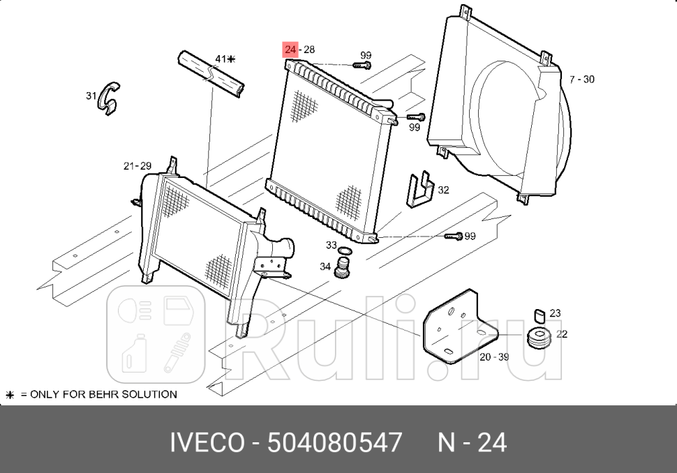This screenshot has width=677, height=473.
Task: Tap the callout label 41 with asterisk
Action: coord(225,59)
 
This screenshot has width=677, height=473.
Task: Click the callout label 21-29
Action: coord(137,166)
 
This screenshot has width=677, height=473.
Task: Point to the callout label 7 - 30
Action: coord(581,80)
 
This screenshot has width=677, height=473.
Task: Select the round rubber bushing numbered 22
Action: coord(540,337)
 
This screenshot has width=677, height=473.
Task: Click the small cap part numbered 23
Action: coord(539,315)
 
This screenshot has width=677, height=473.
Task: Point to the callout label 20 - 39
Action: coord(494,357)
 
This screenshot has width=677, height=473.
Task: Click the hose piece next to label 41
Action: coord(211,73)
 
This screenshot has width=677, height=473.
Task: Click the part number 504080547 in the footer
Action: coord(335,442)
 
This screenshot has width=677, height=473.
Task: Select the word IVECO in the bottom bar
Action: coord(207,442)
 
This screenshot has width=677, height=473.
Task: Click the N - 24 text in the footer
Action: coord(472,442)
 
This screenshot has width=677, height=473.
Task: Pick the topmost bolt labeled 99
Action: coord(361,65)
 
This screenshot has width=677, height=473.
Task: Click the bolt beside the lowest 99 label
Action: coord(454,236)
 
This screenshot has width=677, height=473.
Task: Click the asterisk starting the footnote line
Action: coord(10,395)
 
